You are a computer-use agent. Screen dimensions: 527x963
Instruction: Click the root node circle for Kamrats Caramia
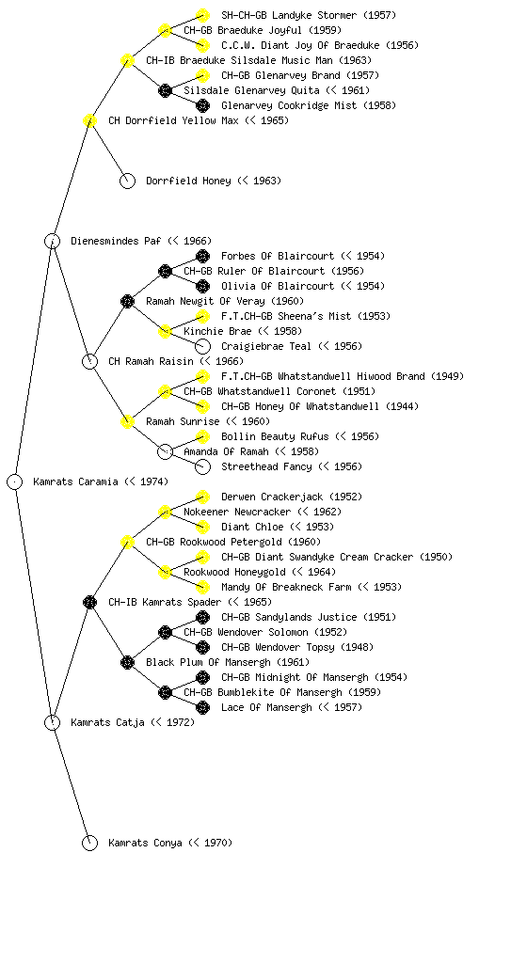[x=15, y=481]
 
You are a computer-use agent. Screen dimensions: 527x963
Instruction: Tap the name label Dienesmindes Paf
[x=116, y=241]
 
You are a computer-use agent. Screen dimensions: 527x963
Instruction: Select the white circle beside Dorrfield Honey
[x=127, y=181]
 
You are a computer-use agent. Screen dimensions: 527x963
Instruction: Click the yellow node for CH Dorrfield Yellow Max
[x=89, y=120]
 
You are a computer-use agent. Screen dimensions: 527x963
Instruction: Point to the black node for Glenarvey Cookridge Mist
[x=202, y=105]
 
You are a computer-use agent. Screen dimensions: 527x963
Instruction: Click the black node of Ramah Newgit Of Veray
[x=127, y=301]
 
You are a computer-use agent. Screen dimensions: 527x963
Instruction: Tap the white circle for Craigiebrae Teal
[x=202, y=346]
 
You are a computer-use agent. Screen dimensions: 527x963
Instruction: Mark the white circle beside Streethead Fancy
[x=202, y=466]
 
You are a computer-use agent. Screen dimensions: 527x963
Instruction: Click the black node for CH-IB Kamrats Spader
[x=89, y=602]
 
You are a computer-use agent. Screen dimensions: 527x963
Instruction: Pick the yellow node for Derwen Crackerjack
[x=202, y=497]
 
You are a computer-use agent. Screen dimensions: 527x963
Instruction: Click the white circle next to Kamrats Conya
[x=89, y=843]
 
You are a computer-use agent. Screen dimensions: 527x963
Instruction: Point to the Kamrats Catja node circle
[x=52, y=722]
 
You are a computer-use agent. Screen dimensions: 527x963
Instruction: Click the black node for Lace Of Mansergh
[x=202, y=707]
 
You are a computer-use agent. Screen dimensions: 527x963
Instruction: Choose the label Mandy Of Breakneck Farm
[x=286, y=587]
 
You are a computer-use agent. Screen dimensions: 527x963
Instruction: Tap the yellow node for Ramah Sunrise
[x=127, y=421]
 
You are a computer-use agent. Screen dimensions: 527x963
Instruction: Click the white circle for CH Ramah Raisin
[x=89, y=361]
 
